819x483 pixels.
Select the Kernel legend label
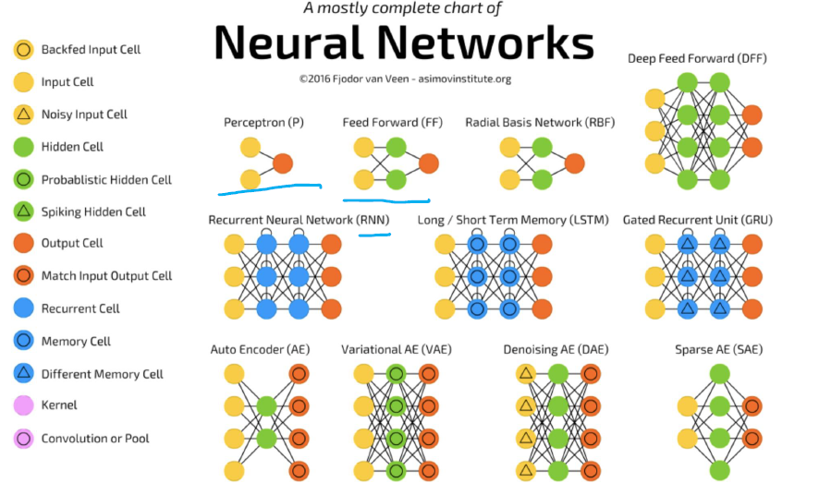pyautogui.click(x=59, y=405)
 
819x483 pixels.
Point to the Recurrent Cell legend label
pyautogui.click(x=80, y=308)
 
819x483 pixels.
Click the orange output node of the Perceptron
pyautogui.click(x=283, y=163)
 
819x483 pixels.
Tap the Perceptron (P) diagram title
pyautogui.click(x=263, y=122)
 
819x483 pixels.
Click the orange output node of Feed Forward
pyautogui.click(x=428, y=163)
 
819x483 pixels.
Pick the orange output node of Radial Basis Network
pyautogui.click(x=574, y=163)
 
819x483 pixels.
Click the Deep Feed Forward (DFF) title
pyautogui.click(x=697, y=59)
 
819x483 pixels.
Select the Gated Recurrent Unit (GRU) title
pyautogui.click(x=697, y=221)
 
